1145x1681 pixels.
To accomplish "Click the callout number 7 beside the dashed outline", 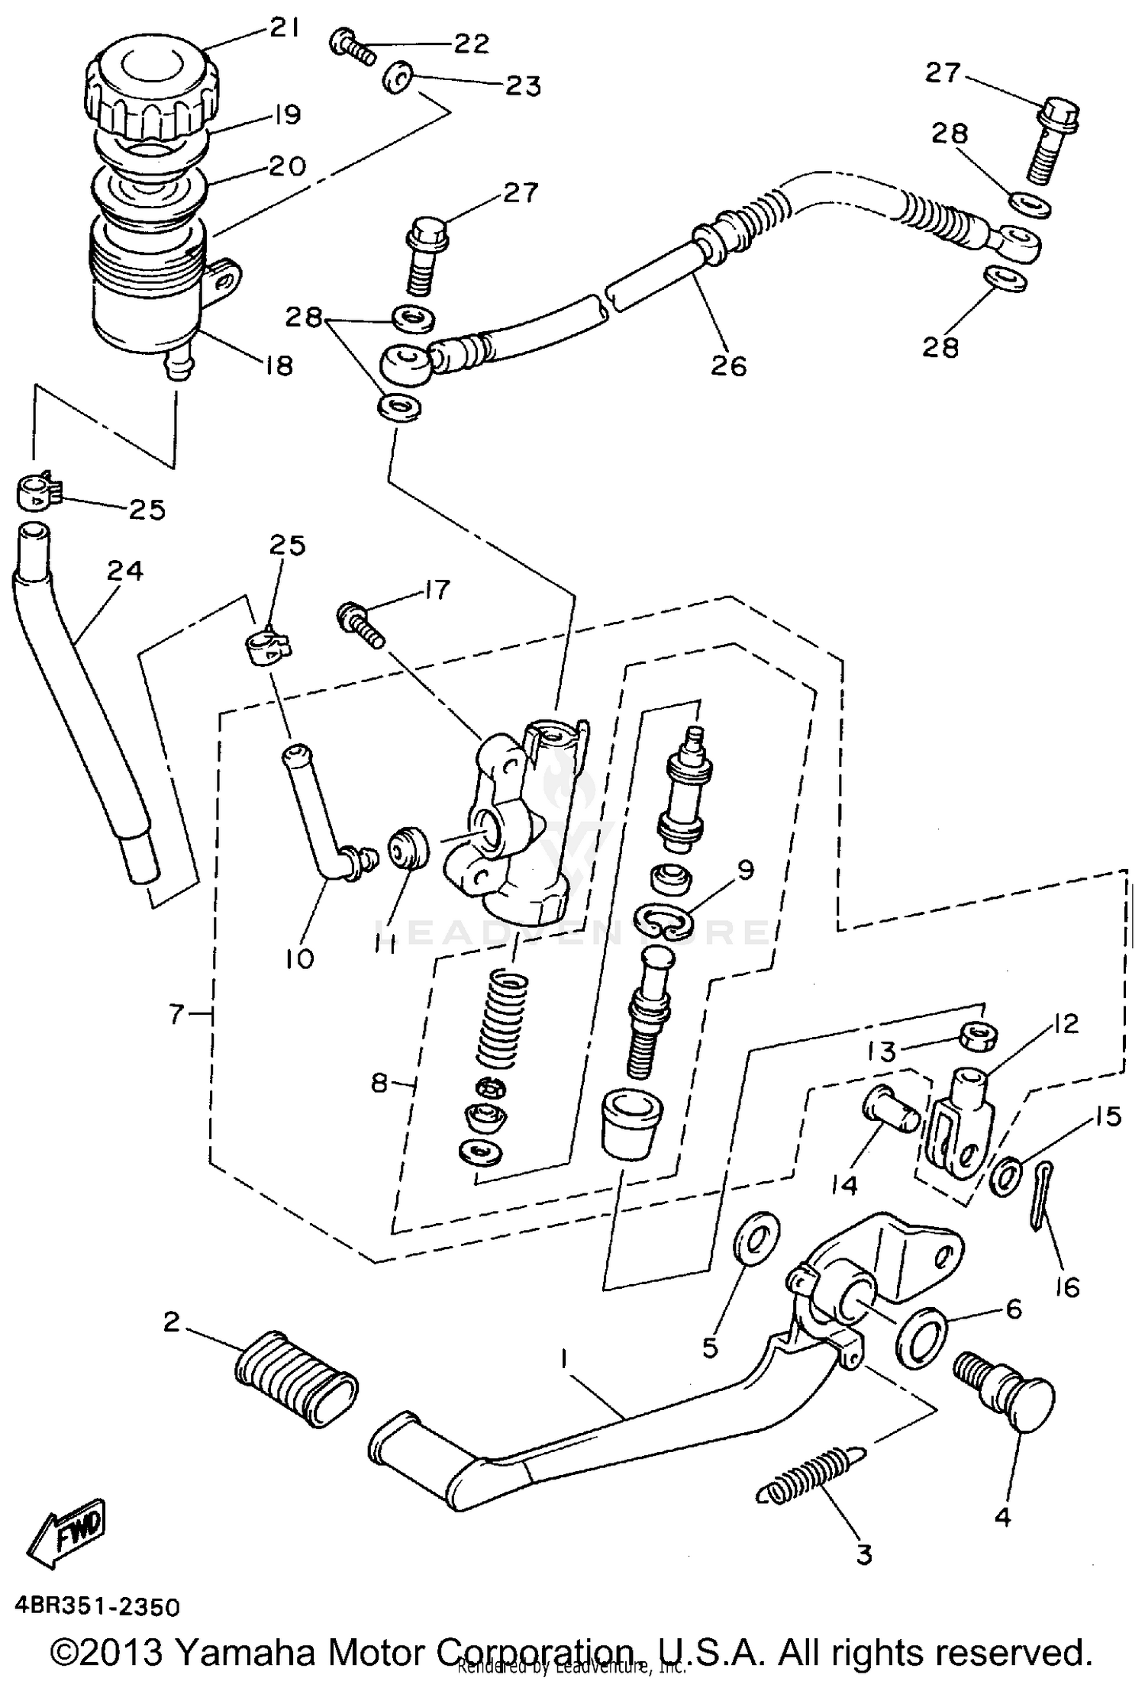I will (177, 1014).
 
